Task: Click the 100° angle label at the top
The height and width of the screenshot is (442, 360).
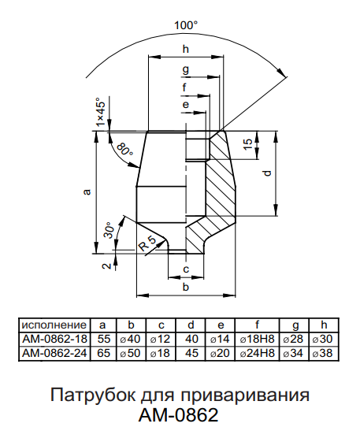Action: [x=186, y=26]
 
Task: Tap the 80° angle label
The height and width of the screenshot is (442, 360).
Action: [x=124, y=149]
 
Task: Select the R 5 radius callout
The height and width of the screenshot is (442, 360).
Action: [x=147, y=243]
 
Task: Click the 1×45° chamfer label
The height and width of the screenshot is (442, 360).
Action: [x=101, y=112]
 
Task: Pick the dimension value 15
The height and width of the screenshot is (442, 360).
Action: [x=248, y=144]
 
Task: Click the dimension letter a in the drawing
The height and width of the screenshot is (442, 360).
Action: [x=87, y=192]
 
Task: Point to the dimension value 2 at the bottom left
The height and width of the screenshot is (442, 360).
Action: [x=106, y=266]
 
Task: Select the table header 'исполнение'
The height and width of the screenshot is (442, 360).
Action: [x=54, y=325]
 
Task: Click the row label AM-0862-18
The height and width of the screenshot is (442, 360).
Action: [x=54, y=339]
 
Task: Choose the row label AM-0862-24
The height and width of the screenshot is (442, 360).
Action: [x=54, y=353]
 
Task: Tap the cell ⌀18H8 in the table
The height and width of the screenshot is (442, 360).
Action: [x=257, y=339]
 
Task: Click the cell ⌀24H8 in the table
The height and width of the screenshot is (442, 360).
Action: [x=257, y=353]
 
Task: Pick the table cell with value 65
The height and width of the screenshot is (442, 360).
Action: [x=104, y=353]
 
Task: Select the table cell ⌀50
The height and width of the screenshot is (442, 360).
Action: [x=130, y=353]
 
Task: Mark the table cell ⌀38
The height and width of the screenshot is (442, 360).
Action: [x=322, y=353]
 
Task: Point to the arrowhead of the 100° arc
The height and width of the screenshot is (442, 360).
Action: [x=282, y=72]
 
